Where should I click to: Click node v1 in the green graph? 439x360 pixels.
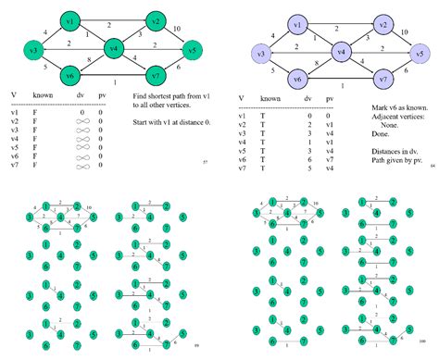click(69, 19)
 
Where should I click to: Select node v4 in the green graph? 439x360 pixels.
click(116, 47)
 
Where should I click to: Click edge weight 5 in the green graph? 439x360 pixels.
click(45, 68)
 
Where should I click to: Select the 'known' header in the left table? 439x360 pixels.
click(44, 95)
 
